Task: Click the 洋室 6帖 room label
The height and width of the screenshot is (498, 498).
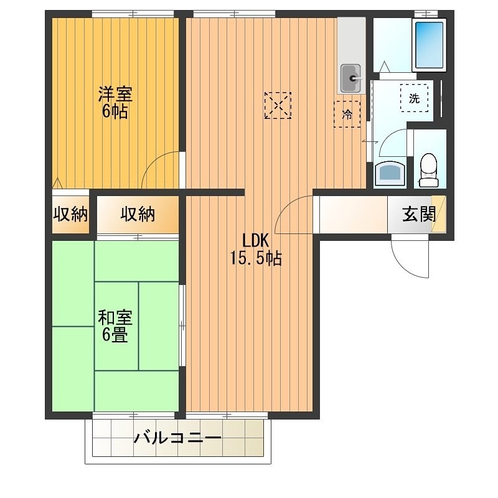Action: pos(115,103)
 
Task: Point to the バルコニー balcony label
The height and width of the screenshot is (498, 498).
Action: pos(177,438)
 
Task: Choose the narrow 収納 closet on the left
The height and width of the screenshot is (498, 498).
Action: pos(70,215)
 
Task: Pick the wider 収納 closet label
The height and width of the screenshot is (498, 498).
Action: pos(138,215)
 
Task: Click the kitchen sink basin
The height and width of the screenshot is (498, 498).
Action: pos(351,78)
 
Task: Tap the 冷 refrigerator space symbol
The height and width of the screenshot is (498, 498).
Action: pos(347,115)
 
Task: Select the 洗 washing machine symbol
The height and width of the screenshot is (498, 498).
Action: pos(414,98)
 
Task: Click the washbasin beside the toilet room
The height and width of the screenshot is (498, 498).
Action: pos(390,174)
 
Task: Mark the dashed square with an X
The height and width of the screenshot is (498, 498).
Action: pos(277,105)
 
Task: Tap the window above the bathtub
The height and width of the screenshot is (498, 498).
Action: pos(426,12)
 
